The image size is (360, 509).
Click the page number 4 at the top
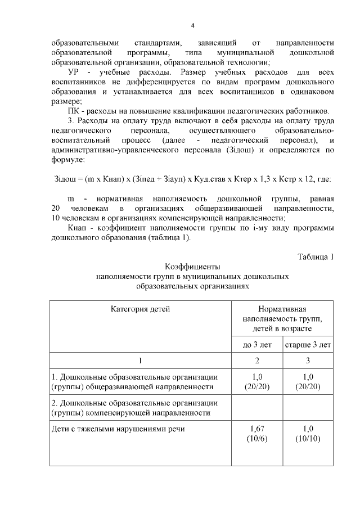192,26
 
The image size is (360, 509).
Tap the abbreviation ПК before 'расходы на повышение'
74,110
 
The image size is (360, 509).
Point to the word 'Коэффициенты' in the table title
192,267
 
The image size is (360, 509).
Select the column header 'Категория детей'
140,309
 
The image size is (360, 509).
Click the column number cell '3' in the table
308,360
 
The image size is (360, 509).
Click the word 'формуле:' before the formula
67,160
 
